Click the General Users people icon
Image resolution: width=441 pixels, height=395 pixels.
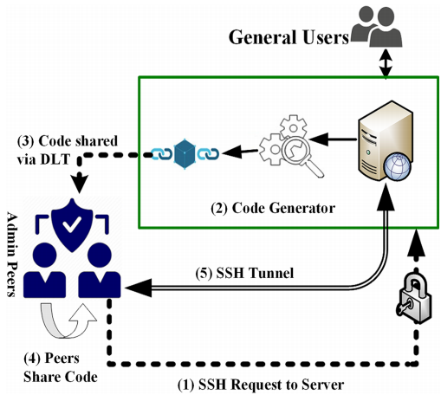[x=377, y=27]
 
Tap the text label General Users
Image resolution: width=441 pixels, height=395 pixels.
[x=289, y=37]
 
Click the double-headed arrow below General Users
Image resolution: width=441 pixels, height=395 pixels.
[x=386, y=63]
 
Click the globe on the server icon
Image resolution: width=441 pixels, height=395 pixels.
[x=397, y=166]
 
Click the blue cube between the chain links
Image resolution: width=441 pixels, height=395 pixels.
[x=185, y=154]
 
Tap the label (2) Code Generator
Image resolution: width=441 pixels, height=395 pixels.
[x=273, y=208]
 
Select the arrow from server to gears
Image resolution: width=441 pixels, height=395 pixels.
[x=333, y=139]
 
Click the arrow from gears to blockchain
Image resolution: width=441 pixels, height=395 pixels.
[x=240, y=152]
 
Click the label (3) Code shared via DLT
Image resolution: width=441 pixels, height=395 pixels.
[x=68, y=150]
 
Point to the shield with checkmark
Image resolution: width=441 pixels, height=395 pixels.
[x=72, y=225]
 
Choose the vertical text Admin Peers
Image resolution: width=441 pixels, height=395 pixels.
[x=12, y=255]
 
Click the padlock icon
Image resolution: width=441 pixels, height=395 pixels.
[x=414, y=299]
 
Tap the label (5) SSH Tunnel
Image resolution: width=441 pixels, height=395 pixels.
[x=244, y=273]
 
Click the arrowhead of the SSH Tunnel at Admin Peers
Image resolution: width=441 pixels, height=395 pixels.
[x=139, y=288]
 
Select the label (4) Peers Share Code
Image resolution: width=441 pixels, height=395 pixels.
[x=61, y=367]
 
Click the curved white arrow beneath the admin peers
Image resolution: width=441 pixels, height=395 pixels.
[x=68, y=321]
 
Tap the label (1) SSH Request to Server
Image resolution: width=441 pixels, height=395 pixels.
[x=261, y=385]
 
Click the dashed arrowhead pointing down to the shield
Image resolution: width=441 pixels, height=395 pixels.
[x=79, y=183]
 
